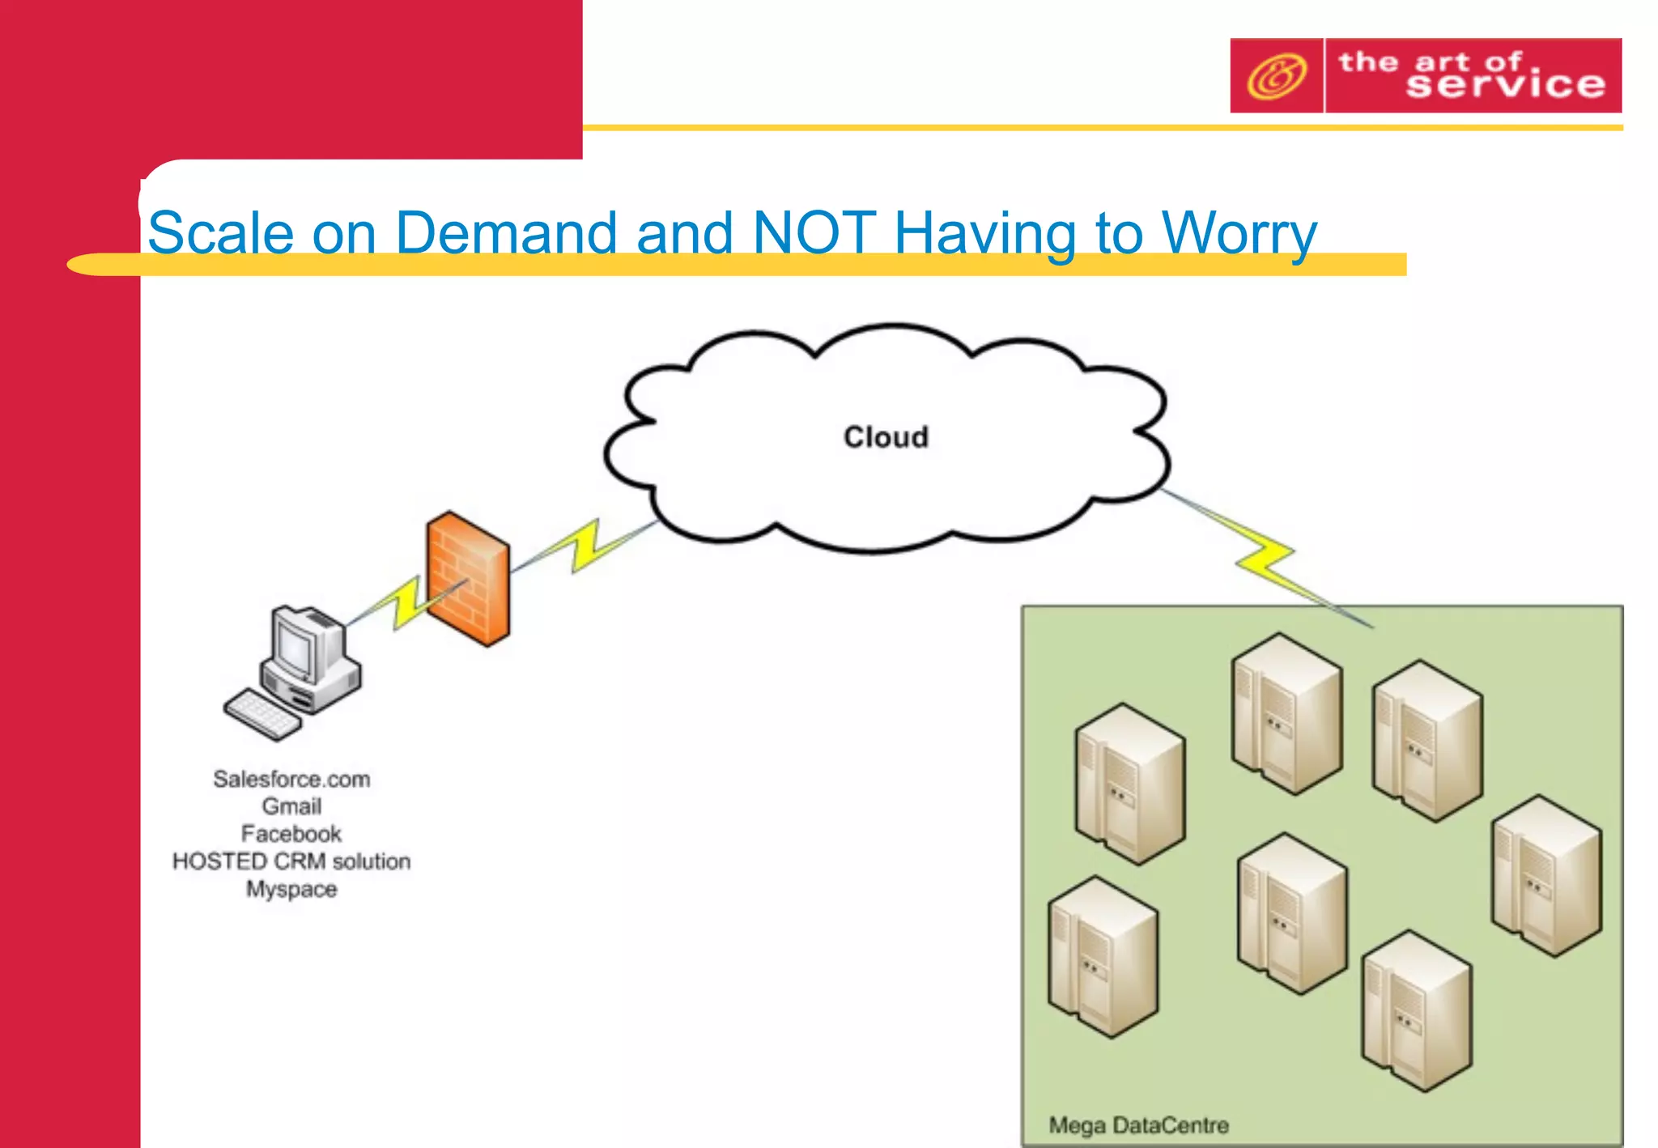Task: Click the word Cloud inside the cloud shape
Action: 886,437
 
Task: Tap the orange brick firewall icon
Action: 468,578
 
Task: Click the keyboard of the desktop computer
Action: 261,715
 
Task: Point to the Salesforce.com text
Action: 291,779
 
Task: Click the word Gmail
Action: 291,806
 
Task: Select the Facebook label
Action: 291,834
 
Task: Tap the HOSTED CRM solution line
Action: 291,861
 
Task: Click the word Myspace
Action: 291,889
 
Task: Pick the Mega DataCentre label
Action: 1138,1125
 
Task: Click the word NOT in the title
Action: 813,233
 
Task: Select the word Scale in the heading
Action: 220,233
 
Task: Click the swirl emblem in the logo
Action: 1277,76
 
